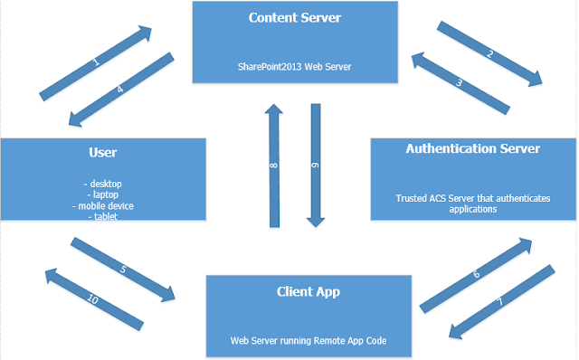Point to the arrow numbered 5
click(121, 270)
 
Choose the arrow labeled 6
click(477, 270)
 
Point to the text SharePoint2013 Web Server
click(294, 65)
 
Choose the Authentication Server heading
click(473, 148)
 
